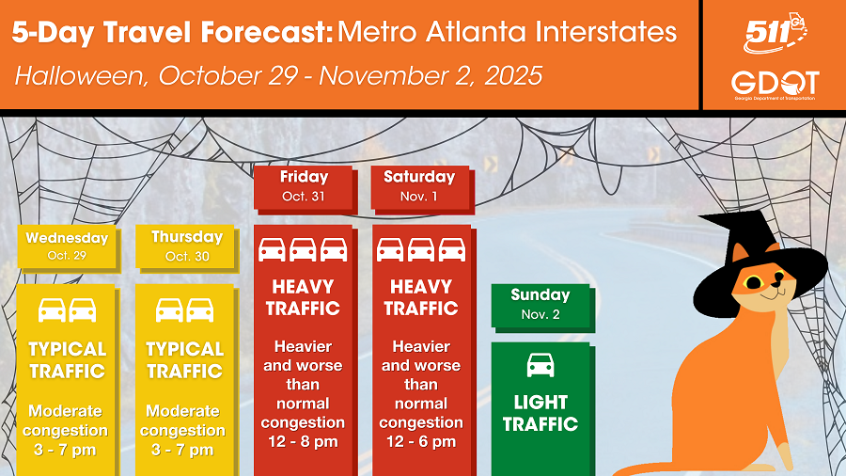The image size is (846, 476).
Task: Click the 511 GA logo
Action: click(775, 34)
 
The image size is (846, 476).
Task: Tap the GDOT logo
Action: click(775, 86)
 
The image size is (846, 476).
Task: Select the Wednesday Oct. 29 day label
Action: click(68, 246)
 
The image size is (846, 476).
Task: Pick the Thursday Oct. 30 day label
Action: click(187, 246)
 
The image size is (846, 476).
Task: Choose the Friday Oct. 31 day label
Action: click(305, 187)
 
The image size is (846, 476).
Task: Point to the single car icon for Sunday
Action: click(540, 365)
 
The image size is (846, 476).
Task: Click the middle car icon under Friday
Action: click(303, 250)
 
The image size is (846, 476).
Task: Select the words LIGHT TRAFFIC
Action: click(540, 413)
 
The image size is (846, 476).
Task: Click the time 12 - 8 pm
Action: click(303, 442)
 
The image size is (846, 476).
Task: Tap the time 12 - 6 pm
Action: click(421, 442)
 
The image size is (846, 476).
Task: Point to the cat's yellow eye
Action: click(753, 282)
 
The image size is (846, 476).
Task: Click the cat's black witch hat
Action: click(756, 259)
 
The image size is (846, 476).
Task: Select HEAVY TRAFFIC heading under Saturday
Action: click(421, 297)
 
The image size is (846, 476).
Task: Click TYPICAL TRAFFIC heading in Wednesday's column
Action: click(67, 360)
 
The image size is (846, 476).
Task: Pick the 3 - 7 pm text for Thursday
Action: click(182, 450)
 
